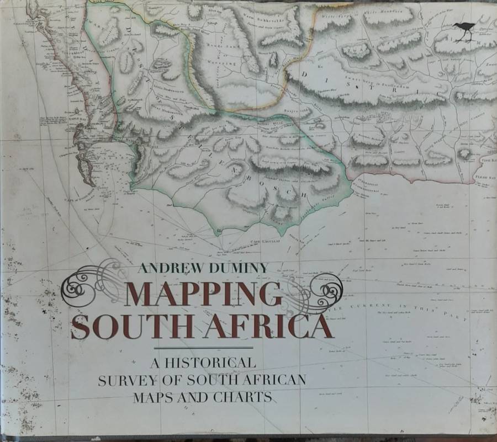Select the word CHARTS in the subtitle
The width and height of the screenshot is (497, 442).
(244, 397)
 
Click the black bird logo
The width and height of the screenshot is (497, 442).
(465, 31)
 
